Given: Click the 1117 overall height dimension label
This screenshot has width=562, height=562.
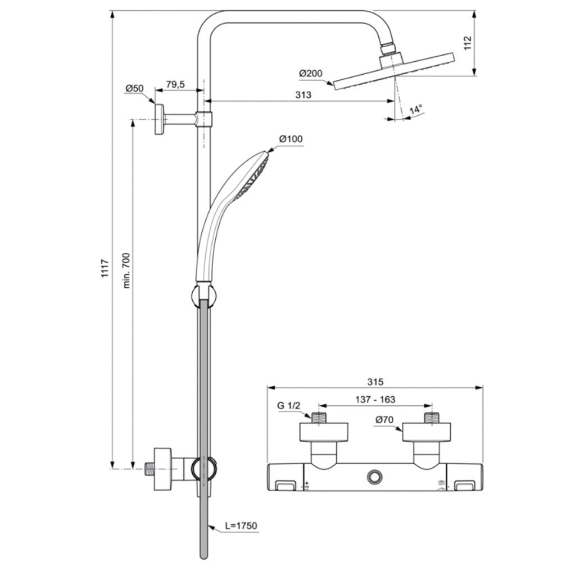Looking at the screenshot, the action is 105,268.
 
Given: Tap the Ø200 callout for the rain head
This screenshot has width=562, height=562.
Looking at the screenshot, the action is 311,74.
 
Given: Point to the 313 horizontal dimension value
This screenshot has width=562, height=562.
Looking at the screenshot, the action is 303,95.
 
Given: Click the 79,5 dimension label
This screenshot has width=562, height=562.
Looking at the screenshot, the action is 175,85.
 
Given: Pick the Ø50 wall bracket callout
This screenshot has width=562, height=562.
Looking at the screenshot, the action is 134,88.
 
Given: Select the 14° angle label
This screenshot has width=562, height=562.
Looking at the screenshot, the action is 416,109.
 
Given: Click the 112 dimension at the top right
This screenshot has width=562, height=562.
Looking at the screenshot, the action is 468,43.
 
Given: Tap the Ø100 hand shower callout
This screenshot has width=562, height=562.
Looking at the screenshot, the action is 291,139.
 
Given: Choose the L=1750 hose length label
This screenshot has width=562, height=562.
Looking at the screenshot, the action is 241,526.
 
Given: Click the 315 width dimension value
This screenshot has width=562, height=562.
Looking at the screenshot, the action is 375,382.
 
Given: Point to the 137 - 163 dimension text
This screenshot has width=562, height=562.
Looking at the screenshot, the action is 375,399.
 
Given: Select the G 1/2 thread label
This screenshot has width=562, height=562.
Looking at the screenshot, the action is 289,406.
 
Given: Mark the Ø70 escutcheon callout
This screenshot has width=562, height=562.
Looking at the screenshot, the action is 384,419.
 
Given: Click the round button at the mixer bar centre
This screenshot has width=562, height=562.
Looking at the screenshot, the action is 374,477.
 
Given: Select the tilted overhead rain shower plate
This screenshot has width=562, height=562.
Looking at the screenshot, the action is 394,71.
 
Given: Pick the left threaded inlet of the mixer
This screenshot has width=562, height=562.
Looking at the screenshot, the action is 319,418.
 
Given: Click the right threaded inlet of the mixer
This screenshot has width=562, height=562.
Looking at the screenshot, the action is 432,418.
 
